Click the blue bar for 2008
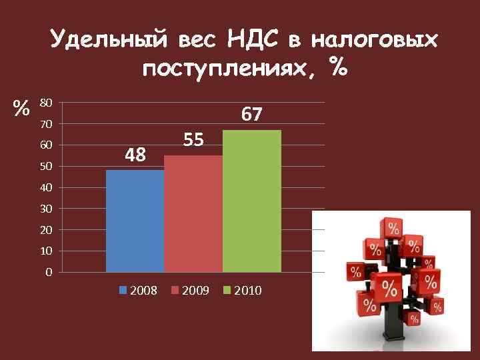point(135,221)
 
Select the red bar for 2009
point(193,213)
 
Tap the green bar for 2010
point(252,201)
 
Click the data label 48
point(135,155)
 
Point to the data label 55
point(193,140)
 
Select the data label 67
point(251,115)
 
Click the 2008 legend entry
point(138,291)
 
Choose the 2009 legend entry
point(191,291)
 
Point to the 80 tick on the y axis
point(46,103)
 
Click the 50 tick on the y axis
point(46,167)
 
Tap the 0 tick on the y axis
point(49,273)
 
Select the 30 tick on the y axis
point(46,209)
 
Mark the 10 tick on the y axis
point(46,251)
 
